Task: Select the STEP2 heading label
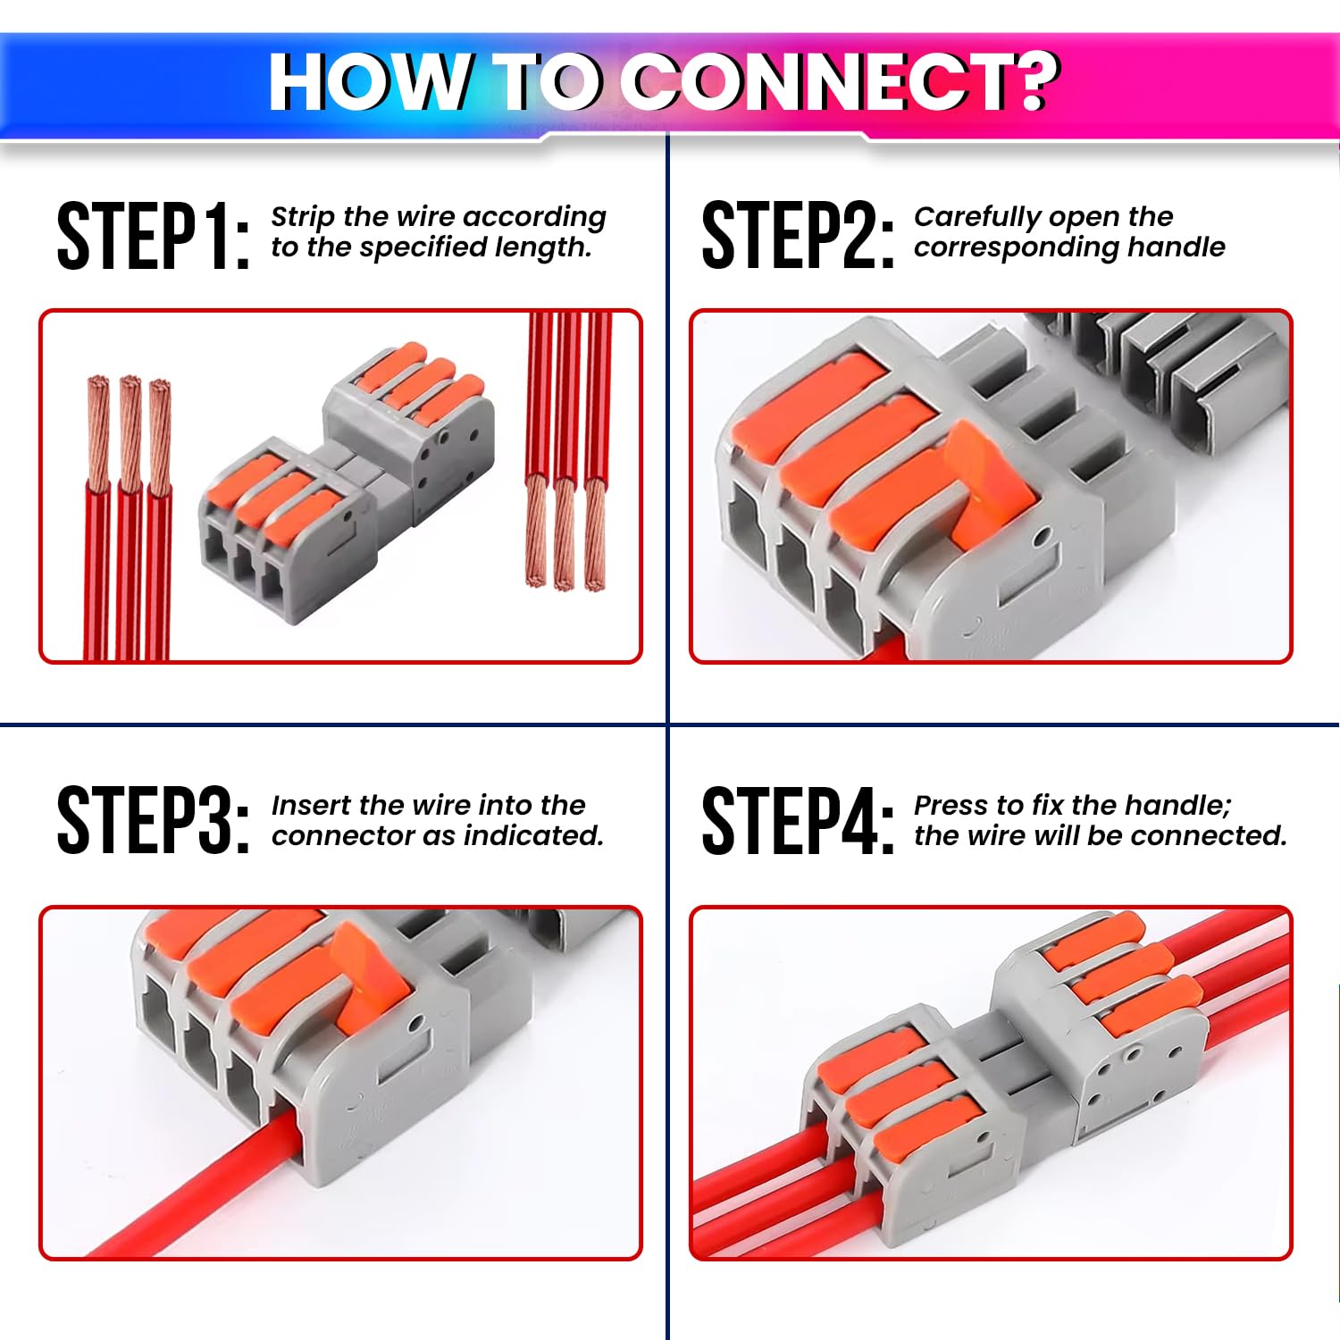coord(797,236)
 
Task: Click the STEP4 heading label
coord(797,820)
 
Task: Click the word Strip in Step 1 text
coord(302,217)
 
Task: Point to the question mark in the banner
coord(1036,81)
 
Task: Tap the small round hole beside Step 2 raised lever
coord(1041,538)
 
